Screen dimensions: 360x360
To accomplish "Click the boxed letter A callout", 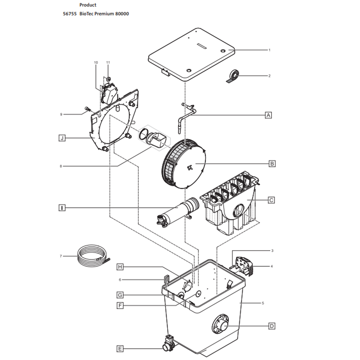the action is tap(268, 115).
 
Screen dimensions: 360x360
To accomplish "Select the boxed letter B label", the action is tap(272, 164).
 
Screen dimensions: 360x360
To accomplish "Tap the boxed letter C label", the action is tap(271, 200).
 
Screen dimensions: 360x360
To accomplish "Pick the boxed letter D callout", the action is tap(272, 326).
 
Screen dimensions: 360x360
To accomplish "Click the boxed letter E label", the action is tap(120, 349).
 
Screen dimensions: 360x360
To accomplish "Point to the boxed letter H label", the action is tap(120, 267).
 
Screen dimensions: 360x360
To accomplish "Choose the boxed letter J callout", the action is tap(62, 138).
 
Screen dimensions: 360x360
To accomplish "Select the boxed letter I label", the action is tap(62, 208).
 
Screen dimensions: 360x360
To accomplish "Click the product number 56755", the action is tap(70, 14).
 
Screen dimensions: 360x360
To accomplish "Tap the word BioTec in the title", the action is tap(86, 14).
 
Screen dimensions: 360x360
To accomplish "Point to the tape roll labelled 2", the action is tap(232, 77).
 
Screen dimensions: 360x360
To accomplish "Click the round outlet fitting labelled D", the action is tap(221, 324).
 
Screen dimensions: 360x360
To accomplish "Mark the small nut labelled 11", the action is tap(108, 79).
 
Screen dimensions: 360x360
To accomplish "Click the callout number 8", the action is tap(61, 166).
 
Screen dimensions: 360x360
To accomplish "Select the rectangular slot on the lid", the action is tap(202, 46).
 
